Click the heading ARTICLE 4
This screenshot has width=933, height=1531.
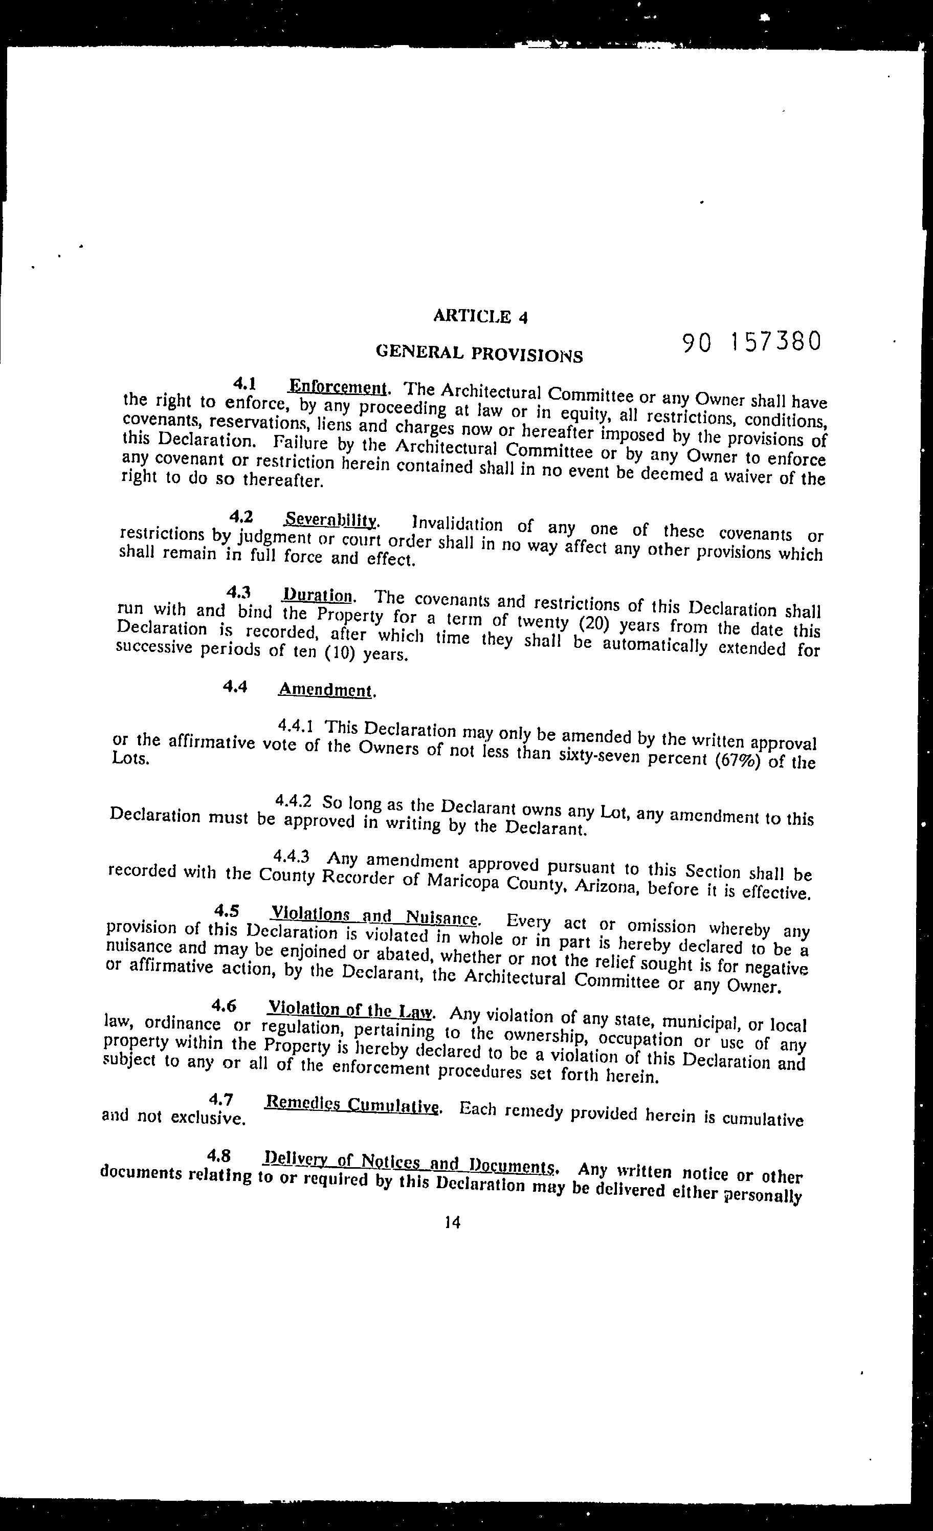point(480,316)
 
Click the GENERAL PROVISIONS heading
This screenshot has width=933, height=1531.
point(480,354)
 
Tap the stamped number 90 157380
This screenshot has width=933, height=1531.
point(751,342)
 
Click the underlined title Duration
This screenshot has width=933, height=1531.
point(318,595)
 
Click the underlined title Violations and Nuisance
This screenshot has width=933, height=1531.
point(374,916)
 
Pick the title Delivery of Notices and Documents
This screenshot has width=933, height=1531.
point(409,1163)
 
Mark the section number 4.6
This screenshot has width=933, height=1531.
point(223,1006)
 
